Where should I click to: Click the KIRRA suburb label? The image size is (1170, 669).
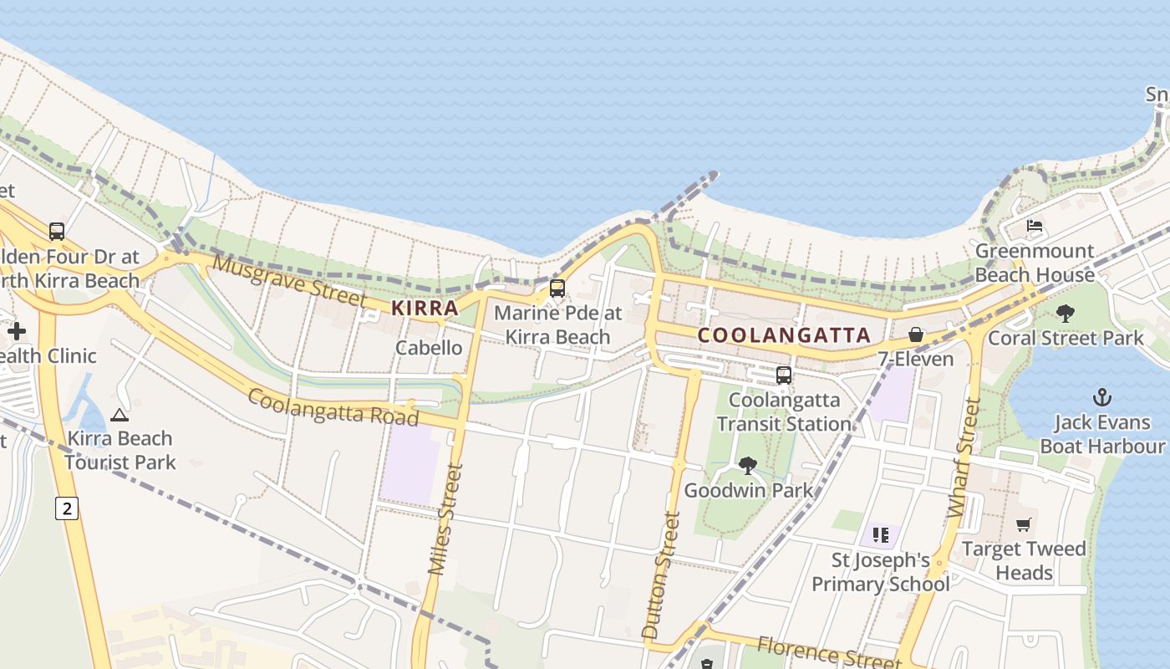point(425,308)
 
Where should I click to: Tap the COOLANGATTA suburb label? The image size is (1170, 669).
point(784,335)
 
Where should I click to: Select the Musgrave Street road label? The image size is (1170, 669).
point(289,282)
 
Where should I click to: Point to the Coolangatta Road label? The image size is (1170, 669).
point(333,406)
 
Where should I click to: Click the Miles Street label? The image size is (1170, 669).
point(445,518)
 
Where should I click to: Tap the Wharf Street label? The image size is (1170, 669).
point(964,457)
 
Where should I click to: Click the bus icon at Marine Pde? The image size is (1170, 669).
point(557,289)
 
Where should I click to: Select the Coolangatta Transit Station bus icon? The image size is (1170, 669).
point(783,375)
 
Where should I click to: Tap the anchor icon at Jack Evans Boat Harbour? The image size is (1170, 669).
point(1102,397)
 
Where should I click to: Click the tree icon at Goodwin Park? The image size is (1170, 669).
point(748,465)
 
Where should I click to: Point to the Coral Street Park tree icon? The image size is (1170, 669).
point(1065,314)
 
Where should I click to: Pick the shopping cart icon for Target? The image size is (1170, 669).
point(1024,524)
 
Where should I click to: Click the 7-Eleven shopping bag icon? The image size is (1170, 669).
point(916,334)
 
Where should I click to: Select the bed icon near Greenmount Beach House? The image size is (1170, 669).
point(1034,226)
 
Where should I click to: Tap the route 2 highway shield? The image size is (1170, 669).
point(67,508)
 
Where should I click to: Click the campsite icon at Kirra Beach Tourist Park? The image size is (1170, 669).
point(120,414)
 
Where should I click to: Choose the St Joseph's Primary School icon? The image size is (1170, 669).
point(880,535)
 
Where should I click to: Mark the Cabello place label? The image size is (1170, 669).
point(429,348)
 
